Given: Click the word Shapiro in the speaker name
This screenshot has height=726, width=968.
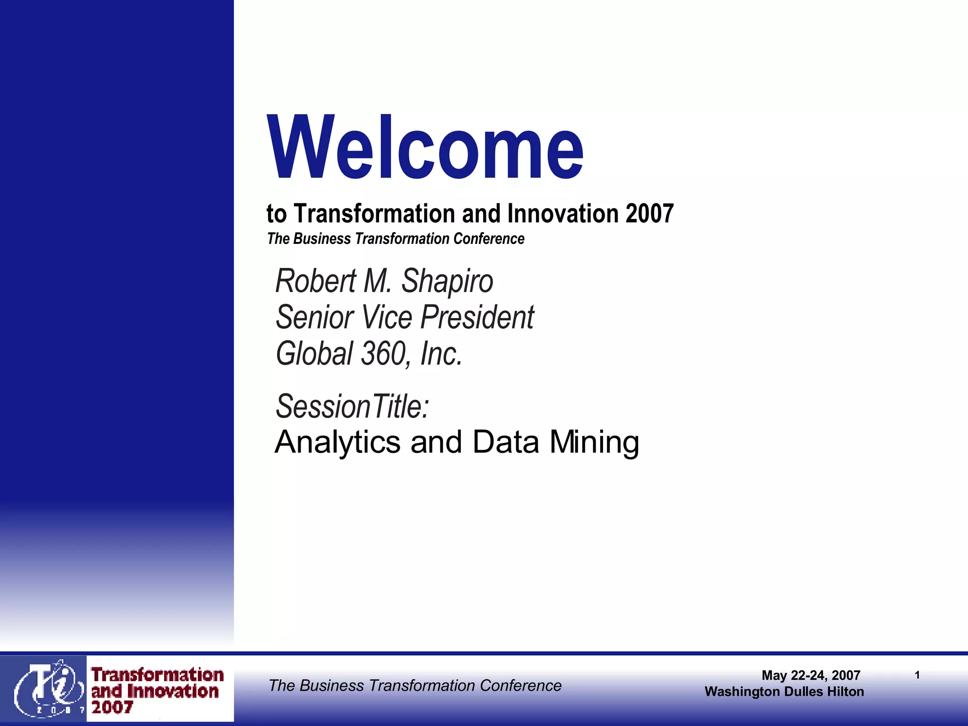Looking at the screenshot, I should [x=447, y=281].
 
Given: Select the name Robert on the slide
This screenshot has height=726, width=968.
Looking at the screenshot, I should [x=316, y=281].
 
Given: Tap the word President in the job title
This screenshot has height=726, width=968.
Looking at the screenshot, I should [x=477, y=317].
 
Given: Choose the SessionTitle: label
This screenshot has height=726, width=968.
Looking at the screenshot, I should [x=352, y=406].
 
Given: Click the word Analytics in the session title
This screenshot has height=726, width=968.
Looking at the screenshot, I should [x=337, y=442].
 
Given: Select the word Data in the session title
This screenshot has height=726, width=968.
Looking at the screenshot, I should [x=506, y=442].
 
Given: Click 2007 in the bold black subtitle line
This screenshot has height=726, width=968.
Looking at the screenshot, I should [x=650, y=214].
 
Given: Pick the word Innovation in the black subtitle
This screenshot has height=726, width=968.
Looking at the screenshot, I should [x=563, y=214].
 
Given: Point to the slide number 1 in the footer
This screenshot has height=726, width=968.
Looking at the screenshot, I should [x=917, y=675].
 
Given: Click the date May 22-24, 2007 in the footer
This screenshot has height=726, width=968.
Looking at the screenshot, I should [x=811, y=675].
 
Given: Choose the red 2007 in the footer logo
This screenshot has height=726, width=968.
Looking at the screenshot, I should [x=112, y=708].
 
